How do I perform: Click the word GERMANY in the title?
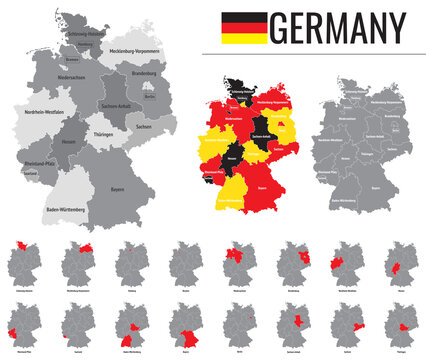click(x=337, y=26)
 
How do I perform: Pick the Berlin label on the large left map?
click(x=150, y=95)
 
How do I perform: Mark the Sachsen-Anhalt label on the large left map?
click(x=118, y=106)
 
